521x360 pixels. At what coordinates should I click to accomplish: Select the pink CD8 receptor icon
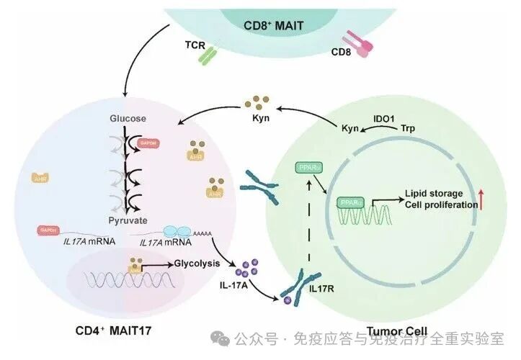click(x=355, y=45)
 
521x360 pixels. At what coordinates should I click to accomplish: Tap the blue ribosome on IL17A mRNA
click(x=176, y=229)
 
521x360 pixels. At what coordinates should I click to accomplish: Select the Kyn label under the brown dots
click(x=260, y=118)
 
